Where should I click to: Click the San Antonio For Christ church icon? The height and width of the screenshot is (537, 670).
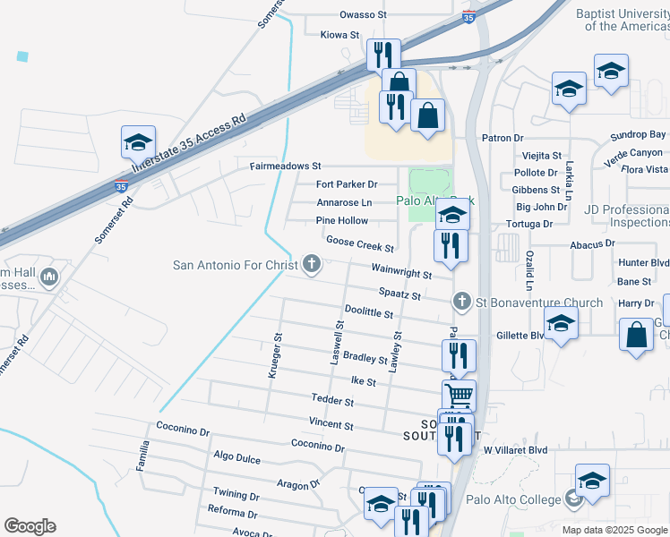312,264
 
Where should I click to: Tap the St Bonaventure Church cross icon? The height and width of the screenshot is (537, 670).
462,302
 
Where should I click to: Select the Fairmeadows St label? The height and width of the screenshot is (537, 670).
285,166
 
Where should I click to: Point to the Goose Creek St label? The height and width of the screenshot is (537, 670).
360,243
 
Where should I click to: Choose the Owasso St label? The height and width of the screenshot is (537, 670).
363,15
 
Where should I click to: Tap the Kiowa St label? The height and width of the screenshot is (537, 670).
339,35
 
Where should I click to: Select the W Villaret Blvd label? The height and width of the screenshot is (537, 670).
515,449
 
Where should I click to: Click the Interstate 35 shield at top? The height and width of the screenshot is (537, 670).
469,17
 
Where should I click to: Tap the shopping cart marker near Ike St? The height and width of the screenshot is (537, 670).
459,393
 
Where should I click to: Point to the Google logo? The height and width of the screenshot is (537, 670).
30,526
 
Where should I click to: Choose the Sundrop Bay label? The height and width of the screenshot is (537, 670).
639,135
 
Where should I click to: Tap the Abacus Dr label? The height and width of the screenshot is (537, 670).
592,243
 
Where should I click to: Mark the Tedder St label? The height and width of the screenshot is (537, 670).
333,398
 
